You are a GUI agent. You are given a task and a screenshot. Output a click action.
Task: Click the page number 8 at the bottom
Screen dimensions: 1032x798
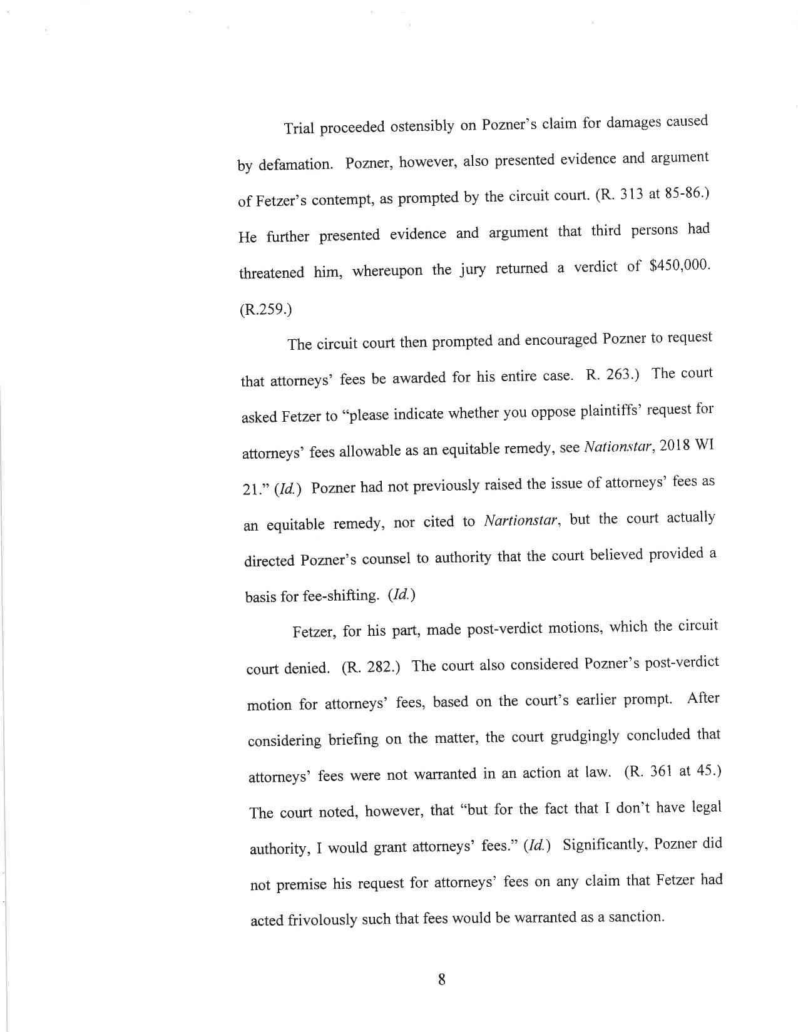(x=441, y=979)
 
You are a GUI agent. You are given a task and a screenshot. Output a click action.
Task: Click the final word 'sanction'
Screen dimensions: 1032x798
(x=634, y=917)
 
